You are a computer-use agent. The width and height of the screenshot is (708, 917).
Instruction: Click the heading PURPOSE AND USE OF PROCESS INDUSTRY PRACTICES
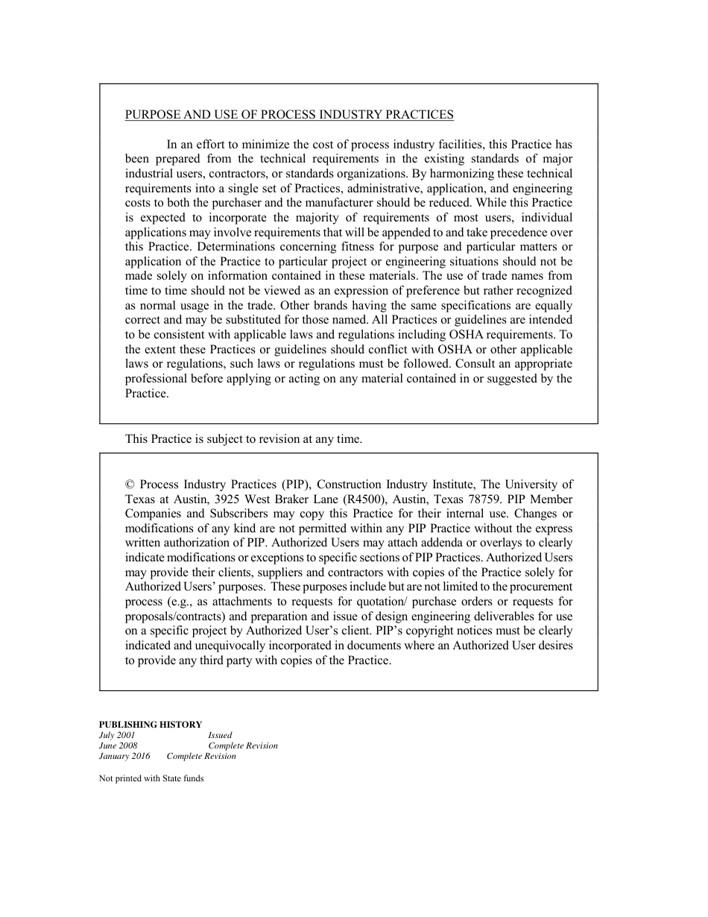289,115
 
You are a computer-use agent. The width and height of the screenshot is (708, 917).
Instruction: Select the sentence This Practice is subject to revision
243,439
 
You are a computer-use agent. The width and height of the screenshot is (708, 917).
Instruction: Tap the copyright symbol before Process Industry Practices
130,485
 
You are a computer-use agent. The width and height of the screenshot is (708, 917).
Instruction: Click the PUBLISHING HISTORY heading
150,725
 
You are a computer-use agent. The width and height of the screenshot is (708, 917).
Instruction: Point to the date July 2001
117,735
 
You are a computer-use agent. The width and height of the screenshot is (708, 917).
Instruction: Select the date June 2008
118,746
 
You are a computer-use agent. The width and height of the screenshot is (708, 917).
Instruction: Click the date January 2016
124,756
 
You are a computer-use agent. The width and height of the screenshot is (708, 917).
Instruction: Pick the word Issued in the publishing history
220,735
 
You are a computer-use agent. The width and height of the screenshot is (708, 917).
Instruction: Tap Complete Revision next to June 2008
243,746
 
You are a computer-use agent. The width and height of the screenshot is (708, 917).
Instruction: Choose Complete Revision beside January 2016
201,756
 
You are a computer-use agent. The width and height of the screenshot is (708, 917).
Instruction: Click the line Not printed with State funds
151,778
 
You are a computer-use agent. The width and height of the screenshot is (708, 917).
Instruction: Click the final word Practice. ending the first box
147,394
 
